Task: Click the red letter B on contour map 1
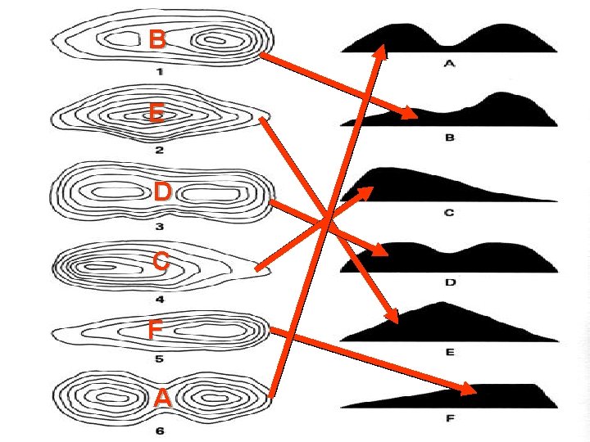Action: coord(158,39)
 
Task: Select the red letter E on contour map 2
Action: coord(156,113)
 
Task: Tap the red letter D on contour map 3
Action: coord(161,192)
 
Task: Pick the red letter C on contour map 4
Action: coord(161,262)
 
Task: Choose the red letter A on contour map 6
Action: coord(162,398)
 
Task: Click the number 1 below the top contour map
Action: coord(160,72)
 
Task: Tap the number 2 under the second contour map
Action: coord(159,150)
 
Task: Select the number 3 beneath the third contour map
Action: coord(159,227)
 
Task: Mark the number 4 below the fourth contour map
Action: coord(159,299)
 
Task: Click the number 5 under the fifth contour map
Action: coord(159,358)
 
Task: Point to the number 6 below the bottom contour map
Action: coord(159,431)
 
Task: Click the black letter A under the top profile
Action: coord(449,65)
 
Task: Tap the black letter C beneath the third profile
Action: coord(449,213)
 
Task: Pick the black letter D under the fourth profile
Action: coord(449,282)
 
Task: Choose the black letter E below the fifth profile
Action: coord(449,352)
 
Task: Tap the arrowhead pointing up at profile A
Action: coord(382,49)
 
